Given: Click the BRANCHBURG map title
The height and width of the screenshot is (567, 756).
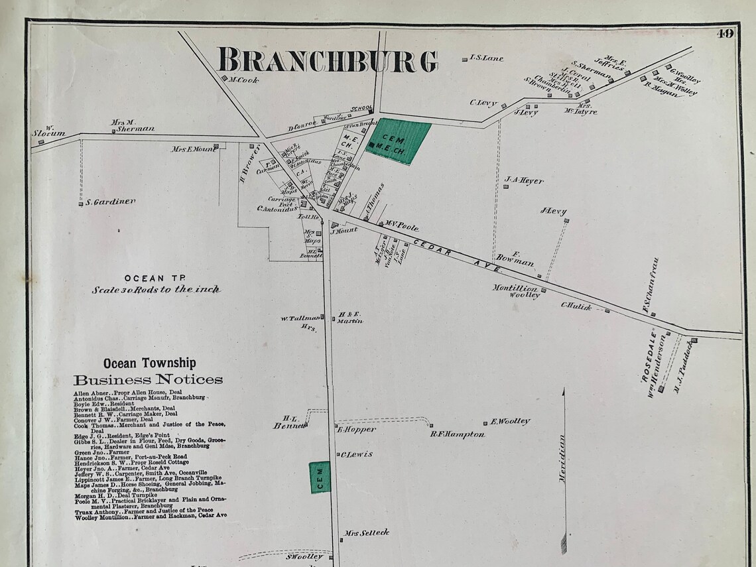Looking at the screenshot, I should coord(328,61).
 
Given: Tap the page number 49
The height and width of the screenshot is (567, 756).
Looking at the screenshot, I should coord(725,34).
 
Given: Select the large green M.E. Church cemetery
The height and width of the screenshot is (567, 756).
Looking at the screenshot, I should coord(399,141).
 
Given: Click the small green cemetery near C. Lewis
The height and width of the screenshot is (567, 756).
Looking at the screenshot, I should coord(320,477).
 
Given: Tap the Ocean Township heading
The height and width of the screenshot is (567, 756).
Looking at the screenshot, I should coord(149,363).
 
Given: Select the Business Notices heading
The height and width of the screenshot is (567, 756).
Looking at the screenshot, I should coord(148,380).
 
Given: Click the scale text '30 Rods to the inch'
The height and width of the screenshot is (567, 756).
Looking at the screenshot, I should coord(157,290).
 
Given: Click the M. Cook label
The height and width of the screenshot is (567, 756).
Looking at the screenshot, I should coord(243,80).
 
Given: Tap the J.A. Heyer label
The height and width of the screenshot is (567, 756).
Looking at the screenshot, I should coord(524,180).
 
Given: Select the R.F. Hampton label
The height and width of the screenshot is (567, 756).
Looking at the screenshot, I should coord(457,434).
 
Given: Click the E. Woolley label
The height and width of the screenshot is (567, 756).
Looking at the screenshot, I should coord(510,421).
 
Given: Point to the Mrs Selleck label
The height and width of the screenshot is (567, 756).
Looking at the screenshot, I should coord(366,533).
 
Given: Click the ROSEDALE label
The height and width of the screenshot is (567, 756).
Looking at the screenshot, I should coord(653,356).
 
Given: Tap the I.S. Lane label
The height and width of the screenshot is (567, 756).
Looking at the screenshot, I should coord(486,58).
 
